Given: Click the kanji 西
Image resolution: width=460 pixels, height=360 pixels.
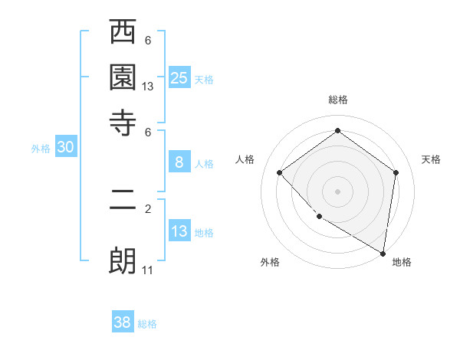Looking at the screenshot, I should coord(123,34).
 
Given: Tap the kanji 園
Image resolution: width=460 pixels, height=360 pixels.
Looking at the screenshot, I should coord(123,77).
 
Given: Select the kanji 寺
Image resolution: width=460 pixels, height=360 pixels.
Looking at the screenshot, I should coord(123,121).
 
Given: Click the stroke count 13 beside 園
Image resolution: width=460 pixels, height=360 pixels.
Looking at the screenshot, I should coord(148,87).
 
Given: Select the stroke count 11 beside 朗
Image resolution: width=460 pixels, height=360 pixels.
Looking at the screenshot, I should coord(148,270).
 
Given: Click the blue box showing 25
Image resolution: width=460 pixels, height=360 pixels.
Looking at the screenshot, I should coord(179,77).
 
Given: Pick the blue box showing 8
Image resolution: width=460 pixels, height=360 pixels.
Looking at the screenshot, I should coord(179,162).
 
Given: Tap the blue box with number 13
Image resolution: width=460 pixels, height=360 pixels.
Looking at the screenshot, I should coord(179,231).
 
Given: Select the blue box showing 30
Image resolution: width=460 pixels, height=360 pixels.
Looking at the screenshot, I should coord(65,148).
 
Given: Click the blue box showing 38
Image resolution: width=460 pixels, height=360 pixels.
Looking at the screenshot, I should coord(123,322).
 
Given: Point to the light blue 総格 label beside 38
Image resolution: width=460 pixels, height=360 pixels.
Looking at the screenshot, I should coord(147,324).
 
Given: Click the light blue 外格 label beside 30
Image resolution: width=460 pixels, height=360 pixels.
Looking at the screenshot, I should coord(41,149).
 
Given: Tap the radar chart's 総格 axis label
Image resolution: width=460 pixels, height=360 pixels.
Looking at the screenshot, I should coord(337,100).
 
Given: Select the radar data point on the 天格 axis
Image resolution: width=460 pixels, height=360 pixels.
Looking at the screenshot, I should coord(396,172).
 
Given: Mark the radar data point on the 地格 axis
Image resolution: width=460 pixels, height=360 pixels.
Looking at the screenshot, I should coord(382,253).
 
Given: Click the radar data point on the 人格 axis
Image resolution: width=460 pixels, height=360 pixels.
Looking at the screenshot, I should coord(280,172).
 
